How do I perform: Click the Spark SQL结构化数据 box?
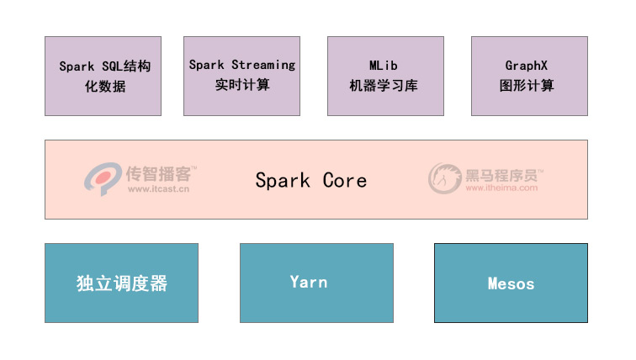[x=103, y=76]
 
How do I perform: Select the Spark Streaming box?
[x=241, y=76]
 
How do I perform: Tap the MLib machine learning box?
[x=385, y=76]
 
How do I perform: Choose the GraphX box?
[x=529, y=76]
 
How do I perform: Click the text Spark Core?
[x=310, y=180]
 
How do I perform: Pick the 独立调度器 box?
[x=121, y=283]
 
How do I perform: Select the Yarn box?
[x=316, y=283]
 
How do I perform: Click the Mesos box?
[x=511, y=283]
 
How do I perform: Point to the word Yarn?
[x=309, y=282]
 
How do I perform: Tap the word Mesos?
[x=511, y=283]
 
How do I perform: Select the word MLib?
[x=383, y=66]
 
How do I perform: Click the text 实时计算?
[x=242, y=84]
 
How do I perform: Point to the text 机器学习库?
[x=384, y=86]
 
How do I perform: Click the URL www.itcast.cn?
[x=159, y=189]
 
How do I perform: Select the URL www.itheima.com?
[x=501, y=188]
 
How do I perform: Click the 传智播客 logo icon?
[x=103, y=178]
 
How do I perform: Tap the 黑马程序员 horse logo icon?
[x=445, y=178]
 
